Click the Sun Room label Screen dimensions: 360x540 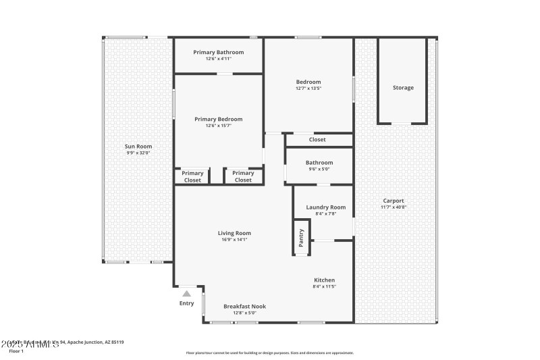[138, 147]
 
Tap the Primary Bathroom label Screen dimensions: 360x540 [218, 52]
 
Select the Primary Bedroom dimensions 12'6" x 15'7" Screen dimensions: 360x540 [218, 126]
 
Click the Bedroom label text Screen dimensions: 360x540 [308, 82]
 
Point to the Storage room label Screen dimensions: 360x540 [403, 88]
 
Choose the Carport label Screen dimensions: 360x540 [394, 201]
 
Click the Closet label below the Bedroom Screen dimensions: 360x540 [317, 140]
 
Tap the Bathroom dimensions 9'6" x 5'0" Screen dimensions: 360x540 [319, 169]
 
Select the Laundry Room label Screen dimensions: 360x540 [325, 207]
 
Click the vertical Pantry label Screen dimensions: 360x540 [301, 237]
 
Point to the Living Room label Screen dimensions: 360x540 [234, 233]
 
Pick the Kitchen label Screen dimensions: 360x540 [324, 280]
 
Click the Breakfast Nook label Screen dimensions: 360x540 [244, 306]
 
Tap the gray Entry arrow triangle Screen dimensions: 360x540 [186, 293]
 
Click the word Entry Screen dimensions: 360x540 [186, 304]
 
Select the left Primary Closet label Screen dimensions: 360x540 [192, 177]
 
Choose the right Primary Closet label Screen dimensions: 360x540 [243, 177]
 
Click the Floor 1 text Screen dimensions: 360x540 [16, 351]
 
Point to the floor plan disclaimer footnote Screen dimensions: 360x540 [269, 353]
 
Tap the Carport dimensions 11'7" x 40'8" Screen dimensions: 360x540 [394, 207]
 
